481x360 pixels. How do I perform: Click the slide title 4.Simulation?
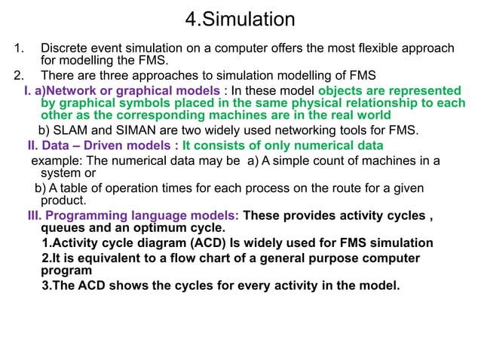pyautogui.click(x=240, y=19)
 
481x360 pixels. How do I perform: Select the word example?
pyautogui.click(x=55, y=160)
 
